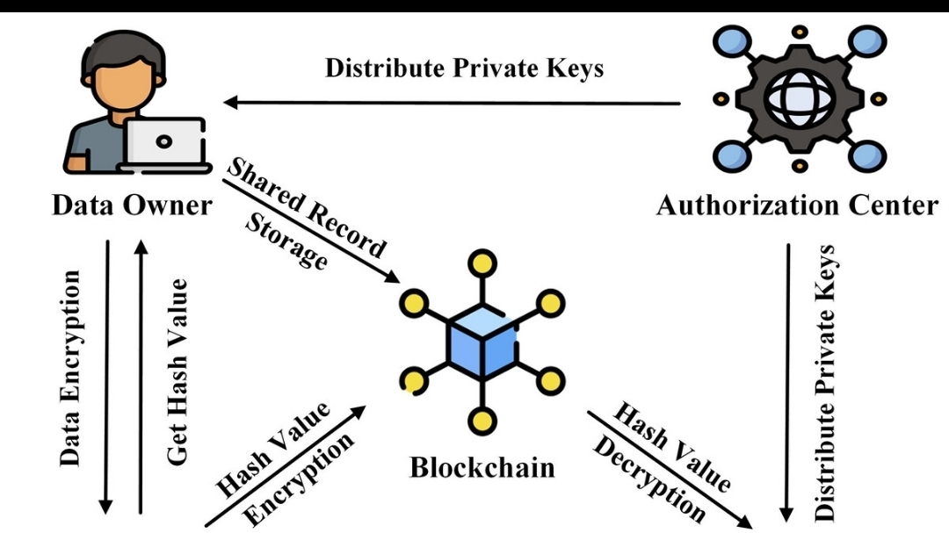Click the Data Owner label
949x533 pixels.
pos(132,205)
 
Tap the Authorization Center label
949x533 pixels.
pos(797,205)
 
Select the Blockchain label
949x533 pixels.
pos(482,467)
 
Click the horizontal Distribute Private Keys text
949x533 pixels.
pos(465,68)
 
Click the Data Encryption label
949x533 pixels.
pos(71,368)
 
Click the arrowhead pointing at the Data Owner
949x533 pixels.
pos(230,104)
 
